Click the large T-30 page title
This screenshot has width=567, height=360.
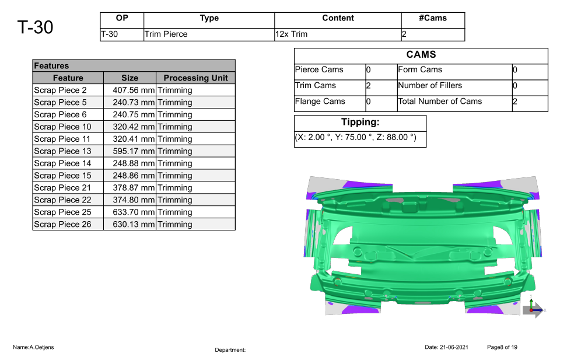click(35, 27)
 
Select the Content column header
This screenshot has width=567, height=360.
click(338, 18)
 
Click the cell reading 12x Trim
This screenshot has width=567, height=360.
click(291, 34)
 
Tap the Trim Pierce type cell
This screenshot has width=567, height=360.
click(166, 34)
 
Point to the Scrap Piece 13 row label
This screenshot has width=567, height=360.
click(62, 151)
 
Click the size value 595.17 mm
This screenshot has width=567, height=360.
click(134, 151)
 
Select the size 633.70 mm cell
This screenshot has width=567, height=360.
click(134, 212)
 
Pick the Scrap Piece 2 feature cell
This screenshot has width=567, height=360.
click(61, 90)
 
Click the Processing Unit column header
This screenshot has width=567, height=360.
click(195, 78)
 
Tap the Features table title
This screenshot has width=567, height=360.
click(51, 66)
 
